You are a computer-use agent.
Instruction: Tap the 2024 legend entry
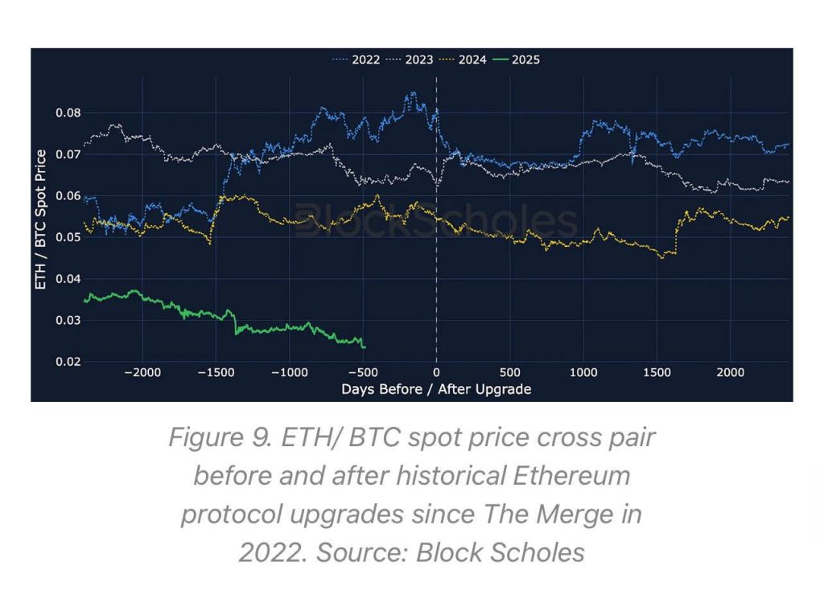(472, 59)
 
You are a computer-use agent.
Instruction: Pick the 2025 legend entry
(525, 59)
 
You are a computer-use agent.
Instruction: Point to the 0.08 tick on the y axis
(68, 113)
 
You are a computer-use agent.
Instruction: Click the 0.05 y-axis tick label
(68, 237)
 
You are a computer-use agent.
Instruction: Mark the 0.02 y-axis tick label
(68, 362)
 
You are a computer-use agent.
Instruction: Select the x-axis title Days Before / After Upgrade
(436, 389)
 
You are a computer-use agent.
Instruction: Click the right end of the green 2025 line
(365, 347)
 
